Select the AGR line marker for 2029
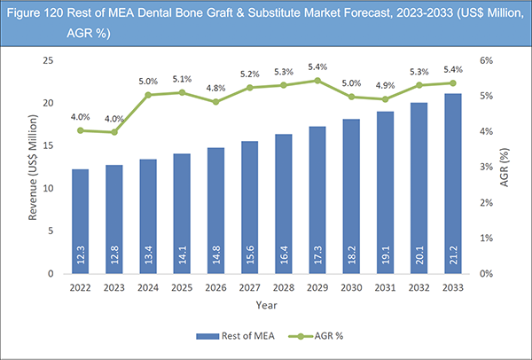point(317,81)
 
